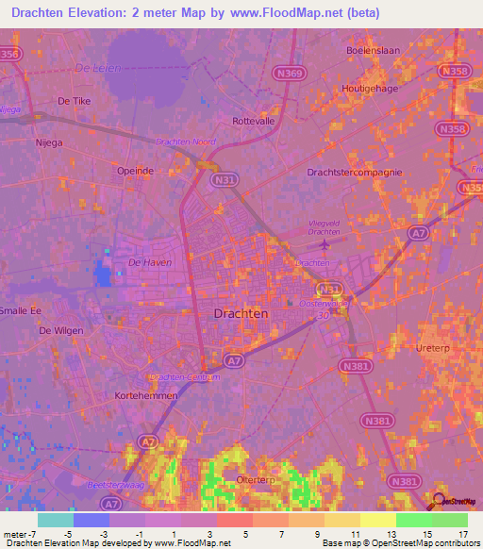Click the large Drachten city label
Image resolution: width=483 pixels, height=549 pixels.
(241, 312)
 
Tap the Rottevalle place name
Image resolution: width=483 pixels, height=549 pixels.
(252, 121)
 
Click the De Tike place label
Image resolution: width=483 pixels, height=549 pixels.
(74, 100)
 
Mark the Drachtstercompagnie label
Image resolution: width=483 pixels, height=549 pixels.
(355, 173)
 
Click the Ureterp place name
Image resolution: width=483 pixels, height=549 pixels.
(433, 348)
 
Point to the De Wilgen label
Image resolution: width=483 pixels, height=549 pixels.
(60, 331)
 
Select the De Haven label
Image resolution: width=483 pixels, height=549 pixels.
(149, 262)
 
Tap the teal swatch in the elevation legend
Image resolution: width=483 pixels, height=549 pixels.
(55, 519)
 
